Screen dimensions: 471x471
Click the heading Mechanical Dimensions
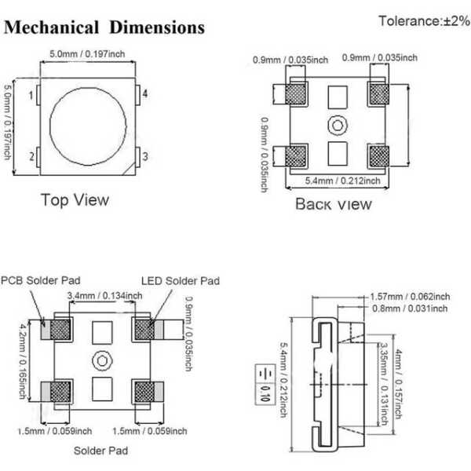104,28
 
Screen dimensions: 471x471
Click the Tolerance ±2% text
422,20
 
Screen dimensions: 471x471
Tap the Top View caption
75,199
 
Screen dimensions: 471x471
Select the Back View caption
333,204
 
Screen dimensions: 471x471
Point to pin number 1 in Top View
32,96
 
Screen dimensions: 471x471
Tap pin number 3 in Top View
145,156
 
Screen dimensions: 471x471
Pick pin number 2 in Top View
32,156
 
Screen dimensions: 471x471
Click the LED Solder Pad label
180,280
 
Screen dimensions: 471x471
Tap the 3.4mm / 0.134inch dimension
105,295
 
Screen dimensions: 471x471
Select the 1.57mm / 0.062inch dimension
409,296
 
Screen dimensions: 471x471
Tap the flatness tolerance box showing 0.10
265,382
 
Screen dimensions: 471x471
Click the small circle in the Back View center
337,125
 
